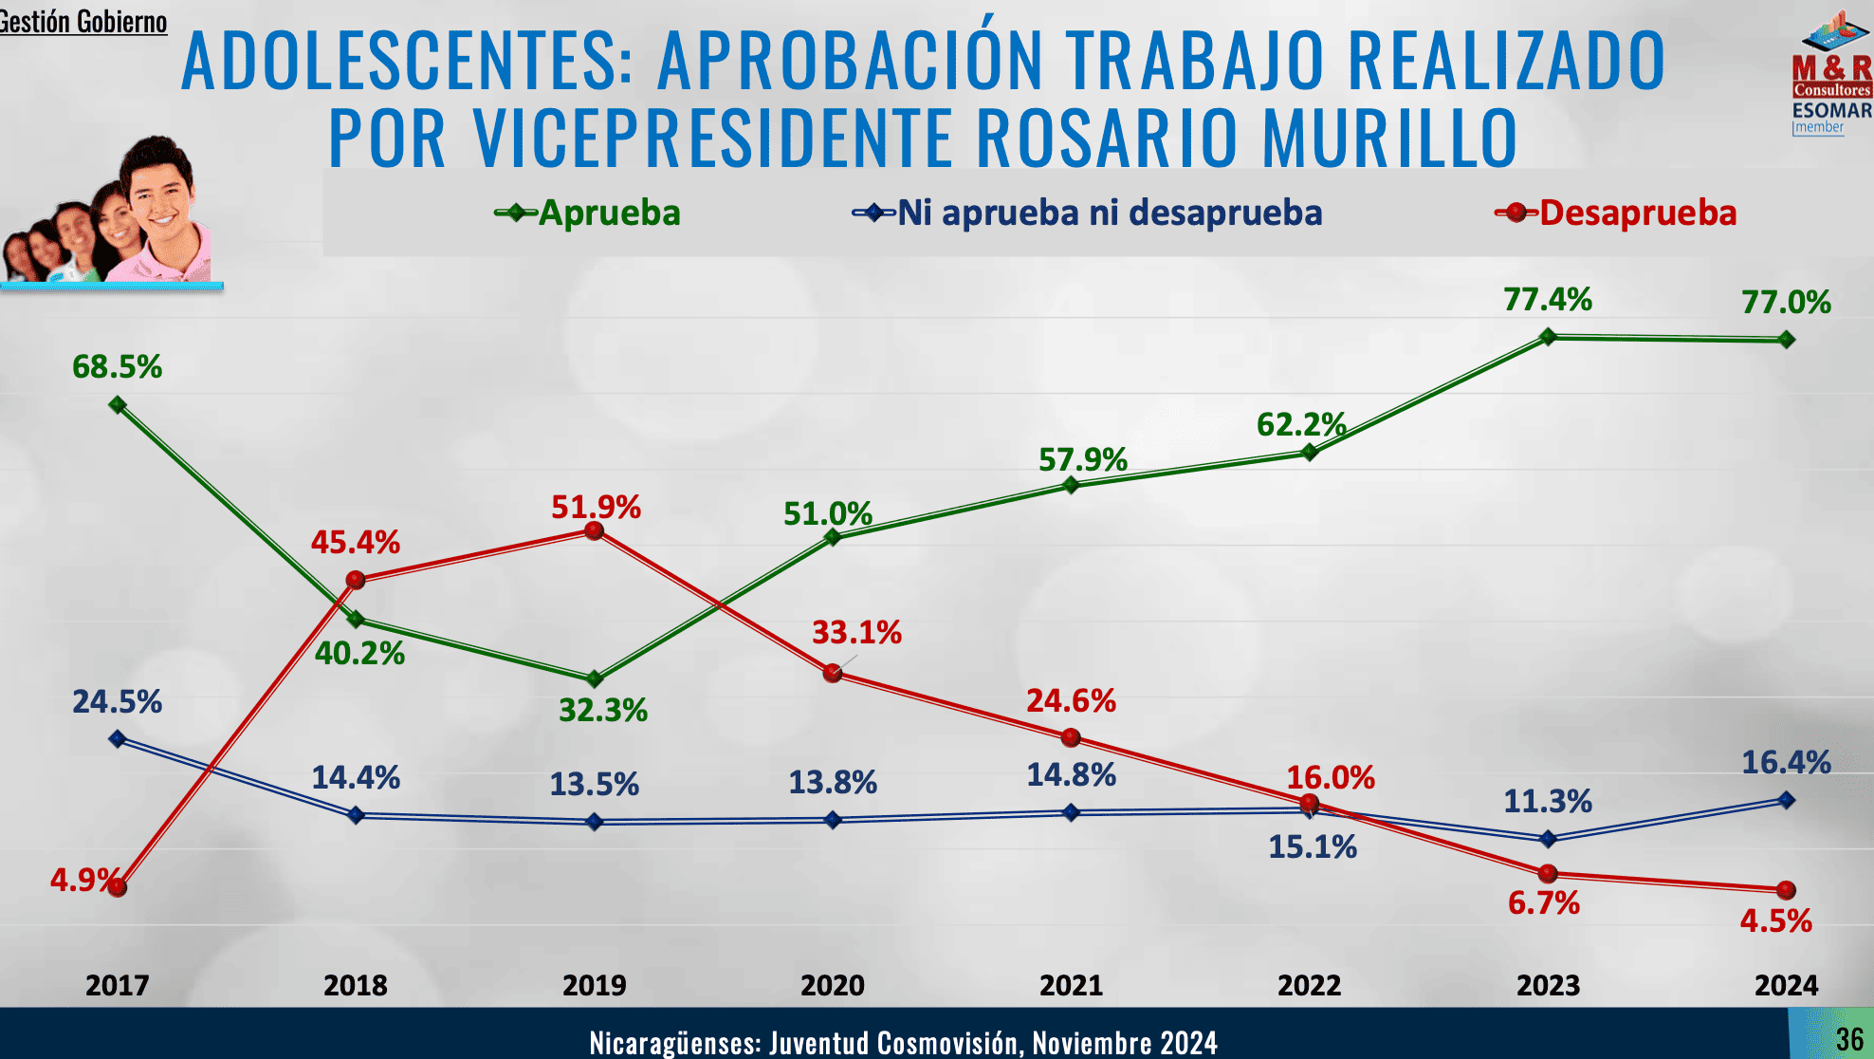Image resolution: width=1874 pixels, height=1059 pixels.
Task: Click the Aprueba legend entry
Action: [x=588, y=213]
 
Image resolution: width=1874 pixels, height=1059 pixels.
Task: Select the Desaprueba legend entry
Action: [x=1616, y=213]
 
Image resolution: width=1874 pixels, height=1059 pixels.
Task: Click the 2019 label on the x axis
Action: [x=594, y=985]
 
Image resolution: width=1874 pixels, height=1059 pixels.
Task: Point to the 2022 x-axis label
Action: [x=1309, y=985]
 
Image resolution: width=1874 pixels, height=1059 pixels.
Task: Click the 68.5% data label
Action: [x=117, y=366]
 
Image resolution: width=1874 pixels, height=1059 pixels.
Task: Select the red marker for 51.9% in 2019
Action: [x=595, y=530]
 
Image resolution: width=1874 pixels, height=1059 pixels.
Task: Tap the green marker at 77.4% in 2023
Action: [x=1548, y=336]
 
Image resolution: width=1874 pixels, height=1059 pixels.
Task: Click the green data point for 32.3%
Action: [x=595, y=678]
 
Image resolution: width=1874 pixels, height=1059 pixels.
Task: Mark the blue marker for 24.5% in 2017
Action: [x=118, y=738]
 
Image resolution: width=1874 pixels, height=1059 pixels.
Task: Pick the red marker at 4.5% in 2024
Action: [x=1786, y=890]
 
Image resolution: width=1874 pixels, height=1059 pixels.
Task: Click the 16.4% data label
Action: [x=1786, y=762]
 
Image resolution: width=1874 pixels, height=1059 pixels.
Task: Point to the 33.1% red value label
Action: [x=856, y=632]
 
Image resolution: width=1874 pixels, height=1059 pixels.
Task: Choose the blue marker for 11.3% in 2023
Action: [x=1548, y=839]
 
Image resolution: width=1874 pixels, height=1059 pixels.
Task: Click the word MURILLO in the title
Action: [x=1389, y=138]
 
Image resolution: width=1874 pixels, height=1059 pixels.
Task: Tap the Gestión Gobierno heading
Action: [x=83, y=21]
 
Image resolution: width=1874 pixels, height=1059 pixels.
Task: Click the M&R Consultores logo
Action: [x=1832, y=71]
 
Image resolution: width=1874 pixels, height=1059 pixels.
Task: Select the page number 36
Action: [x=1848, y=1039]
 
